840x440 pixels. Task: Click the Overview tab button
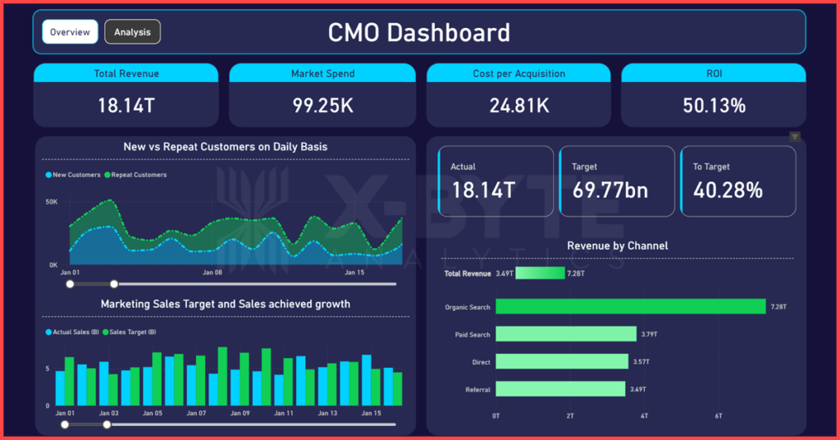click(70, 32)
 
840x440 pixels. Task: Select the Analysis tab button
click(132, 32)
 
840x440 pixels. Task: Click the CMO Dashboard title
click(418, 33)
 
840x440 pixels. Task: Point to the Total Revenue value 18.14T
click(126, 105)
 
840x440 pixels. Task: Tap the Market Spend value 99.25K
click(322, 105)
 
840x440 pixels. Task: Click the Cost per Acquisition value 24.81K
click(518, 105)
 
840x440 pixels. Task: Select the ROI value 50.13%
click(714, 105)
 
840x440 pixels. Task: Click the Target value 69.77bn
click(609, 190)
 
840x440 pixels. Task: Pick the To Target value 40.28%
click(728, 190)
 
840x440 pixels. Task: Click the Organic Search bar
click(630, 306)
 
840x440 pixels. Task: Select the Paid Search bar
click(566, 334)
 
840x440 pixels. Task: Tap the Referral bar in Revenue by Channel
click(560, 388)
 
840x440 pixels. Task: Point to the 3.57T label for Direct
click(641, 362)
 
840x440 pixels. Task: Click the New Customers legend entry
click(74, 175)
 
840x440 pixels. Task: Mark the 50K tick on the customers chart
click(51, 201)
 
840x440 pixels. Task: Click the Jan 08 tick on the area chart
click(212, 272)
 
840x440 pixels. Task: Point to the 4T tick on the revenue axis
click(644, 416)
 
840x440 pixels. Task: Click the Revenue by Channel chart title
click(617, 245)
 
